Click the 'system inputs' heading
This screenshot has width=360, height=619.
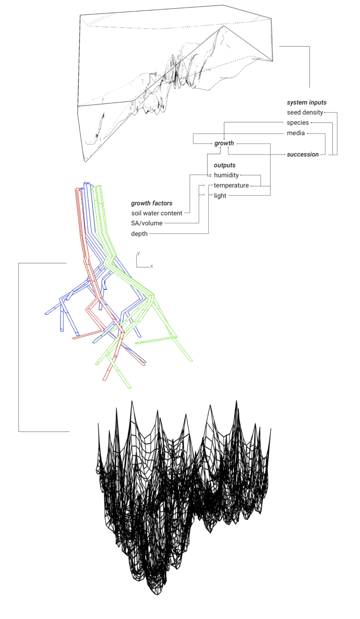tap(307, 103)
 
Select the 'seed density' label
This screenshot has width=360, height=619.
tap(305, 112)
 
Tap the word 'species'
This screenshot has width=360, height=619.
tap(298, 123)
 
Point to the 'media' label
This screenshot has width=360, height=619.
tap(296, 133)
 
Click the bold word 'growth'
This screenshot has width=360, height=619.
tap(224, 143)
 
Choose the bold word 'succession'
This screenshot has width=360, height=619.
tap(303, 155)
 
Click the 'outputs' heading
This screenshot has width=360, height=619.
tap(225, 165)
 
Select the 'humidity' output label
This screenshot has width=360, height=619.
tap(226, 175)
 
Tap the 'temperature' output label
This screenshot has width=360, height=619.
tap(231, 185)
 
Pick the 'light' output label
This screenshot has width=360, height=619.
tap(220, 196)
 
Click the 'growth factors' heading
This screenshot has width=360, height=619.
tap(152, 203)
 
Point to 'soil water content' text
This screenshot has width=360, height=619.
tap(157, 214)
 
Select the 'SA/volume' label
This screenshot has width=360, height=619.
tap(147, 223)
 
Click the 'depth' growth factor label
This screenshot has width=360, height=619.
tap(139, 234)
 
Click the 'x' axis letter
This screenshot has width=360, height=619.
tap(152, 266)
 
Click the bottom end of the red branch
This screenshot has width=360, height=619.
tap(105, 380)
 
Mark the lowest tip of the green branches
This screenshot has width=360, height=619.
tap(130, 388)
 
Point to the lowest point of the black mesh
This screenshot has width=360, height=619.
tap(157, 595)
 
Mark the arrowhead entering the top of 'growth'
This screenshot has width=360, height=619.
tap(224, 139)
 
